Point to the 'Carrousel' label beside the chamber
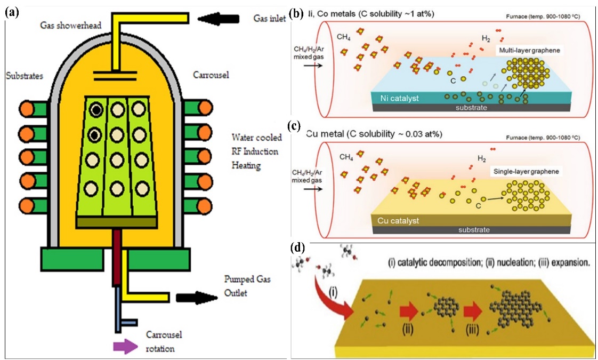[211, 75]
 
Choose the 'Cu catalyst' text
[394, 220]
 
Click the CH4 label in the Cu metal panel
[347, 157]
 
